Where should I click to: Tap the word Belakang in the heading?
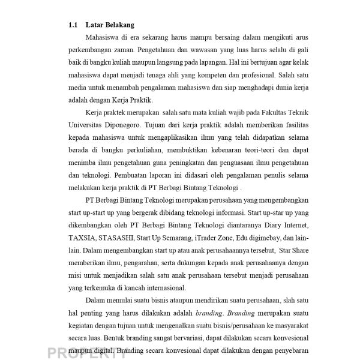[x=119, y=25]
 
